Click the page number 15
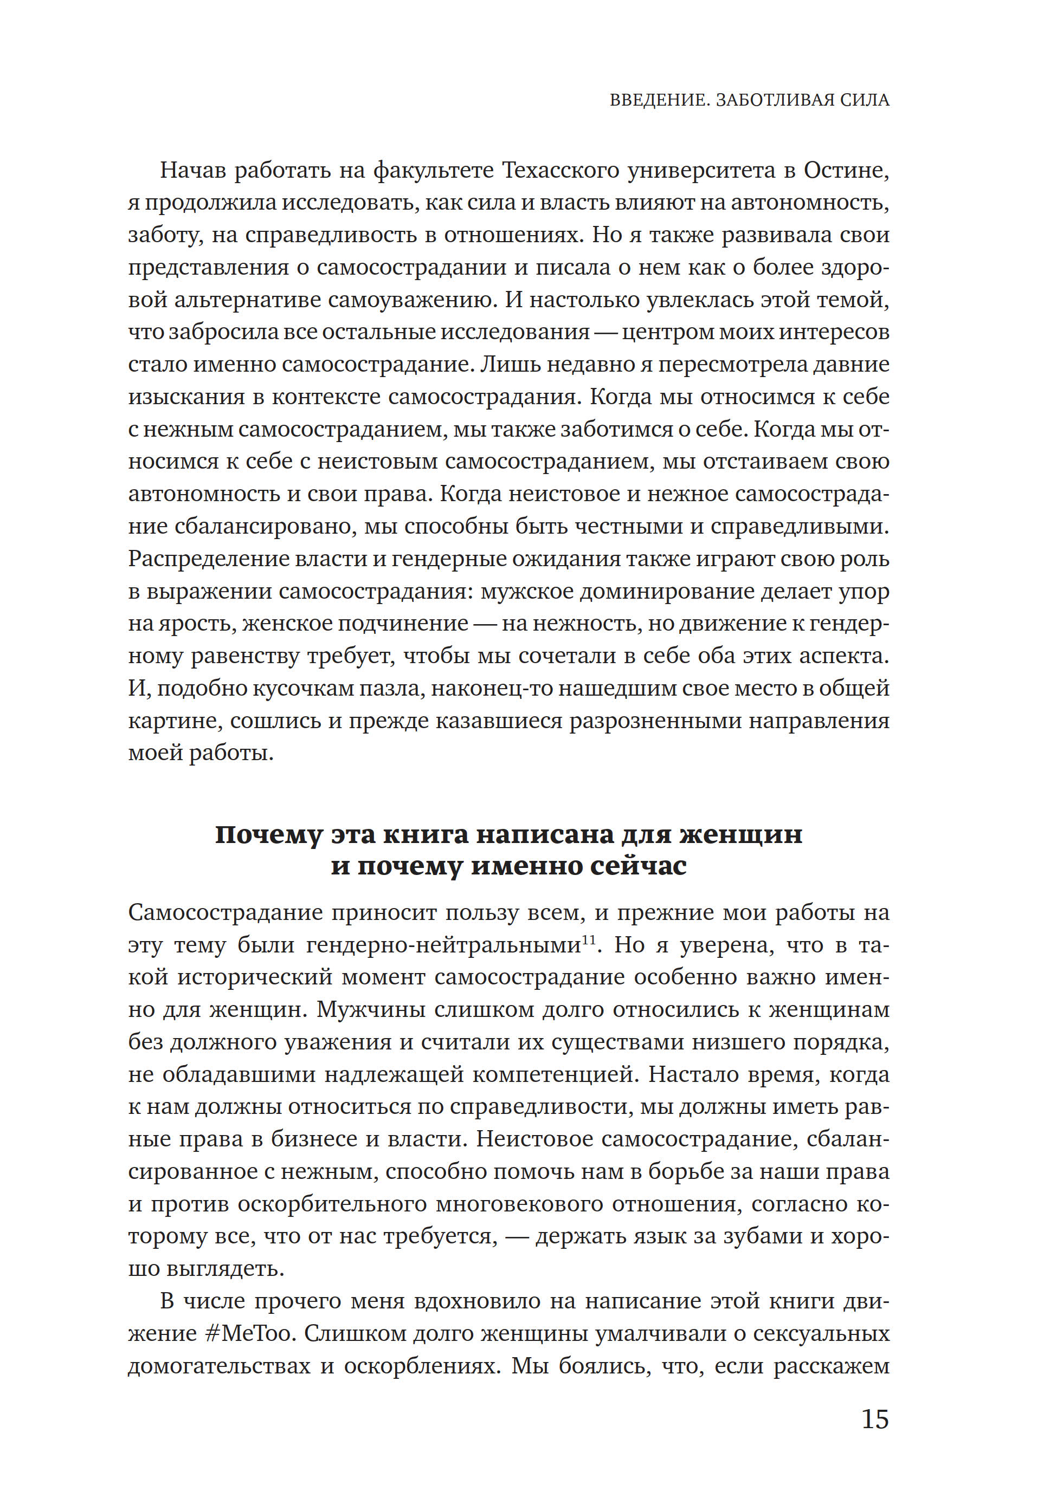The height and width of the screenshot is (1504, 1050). point(874,1419)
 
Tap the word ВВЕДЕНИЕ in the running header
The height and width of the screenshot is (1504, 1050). point(658,100)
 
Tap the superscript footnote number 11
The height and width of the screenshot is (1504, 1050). point(588,941)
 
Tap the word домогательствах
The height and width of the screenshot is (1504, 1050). point(219,1366)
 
